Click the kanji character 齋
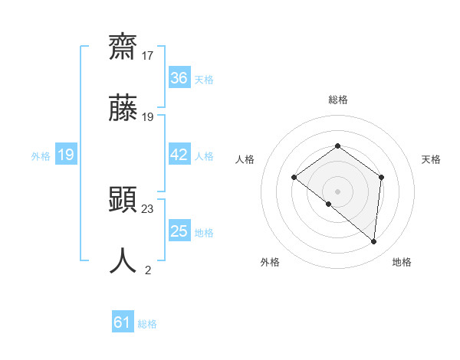(x=123, y=47)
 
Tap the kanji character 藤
(x=123, y=107)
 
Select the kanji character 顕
(x=123, y=198)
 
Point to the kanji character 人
(x=123, y=260)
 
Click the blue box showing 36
(x=179, y=78)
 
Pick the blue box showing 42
(x=179, y=155)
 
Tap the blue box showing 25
(x=179, y=231)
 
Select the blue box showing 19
(x=66, y=155)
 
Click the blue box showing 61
(x=123, y=322)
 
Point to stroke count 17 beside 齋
(x=148, y=56)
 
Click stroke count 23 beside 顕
(x=148, y=208)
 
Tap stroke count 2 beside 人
(x=148, y=270)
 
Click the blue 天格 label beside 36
(x=204, y=80)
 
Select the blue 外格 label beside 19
(x=41, y=156)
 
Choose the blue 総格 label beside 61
(x=147, y=324)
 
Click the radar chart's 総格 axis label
(x=337, y=100)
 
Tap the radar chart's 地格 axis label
(x=402, y=262)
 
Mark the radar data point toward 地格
(x=373, y=241)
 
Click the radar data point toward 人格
(x=294, y=177)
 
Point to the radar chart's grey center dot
(x=337, y=191)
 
